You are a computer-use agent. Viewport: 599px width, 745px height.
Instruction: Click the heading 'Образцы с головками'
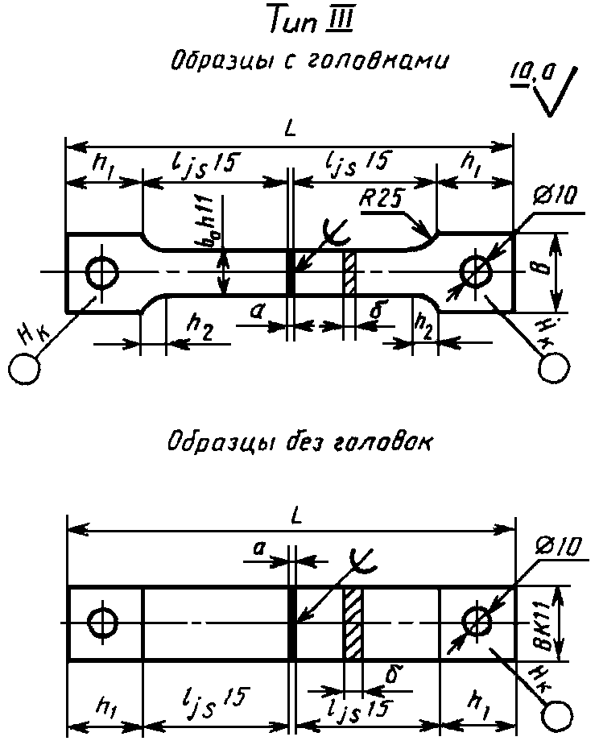[309, 60]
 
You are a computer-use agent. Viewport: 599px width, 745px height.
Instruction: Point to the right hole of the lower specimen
[477, 623]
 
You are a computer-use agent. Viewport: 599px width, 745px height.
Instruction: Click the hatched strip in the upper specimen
[349, 272]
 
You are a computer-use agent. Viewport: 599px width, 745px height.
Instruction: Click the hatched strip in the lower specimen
[353, 623]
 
